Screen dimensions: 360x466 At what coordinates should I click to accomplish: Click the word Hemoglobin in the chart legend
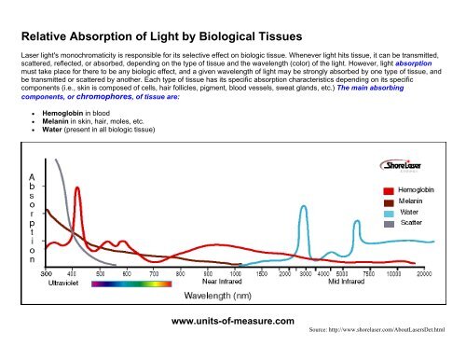pos(426,190)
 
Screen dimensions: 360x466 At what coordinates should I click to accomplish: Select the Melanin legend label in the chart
pos(420,201)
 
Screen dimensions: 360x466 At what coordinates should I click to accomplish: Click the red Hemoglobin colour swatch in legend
pos(391,190)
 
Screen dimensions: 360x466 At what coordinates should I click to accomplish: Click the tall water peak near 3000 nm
pos(303,207)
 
